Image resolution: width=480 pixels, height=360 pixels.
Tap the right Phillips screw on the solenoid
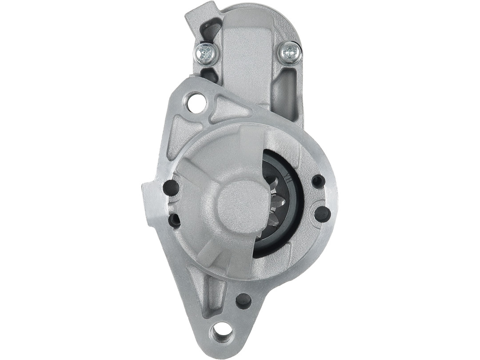tap(290, 53)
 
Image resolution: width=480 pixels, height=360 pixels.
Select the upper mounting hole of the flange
tap(196, 103)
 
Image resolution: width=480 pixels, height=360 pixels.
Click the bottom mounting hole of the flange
tap(222, 331)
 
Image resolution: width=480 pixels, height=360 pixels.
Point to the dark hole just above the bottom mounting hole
tap(244, 301)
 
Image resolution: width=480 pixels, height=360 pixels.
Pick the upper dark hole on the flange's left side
tap(171, 188)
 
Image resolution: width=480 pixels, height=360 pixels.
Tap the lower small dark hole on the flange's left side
tap(174, 220)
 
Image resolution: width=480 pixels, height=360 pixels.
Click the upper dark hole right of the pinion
tap(318, 181)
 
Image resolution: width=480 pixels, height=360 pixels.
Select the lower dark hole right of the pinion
tap(322, 214)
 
